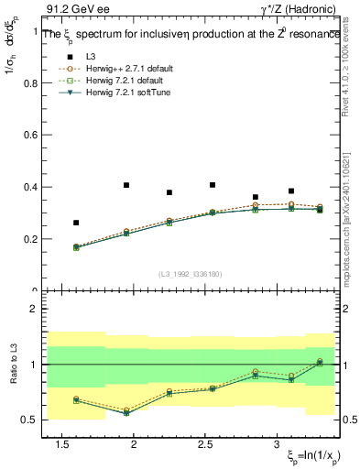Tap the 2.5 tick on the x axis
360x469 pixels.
(206, 444)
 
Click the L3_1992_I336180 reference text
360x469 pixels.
(191, 274)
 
